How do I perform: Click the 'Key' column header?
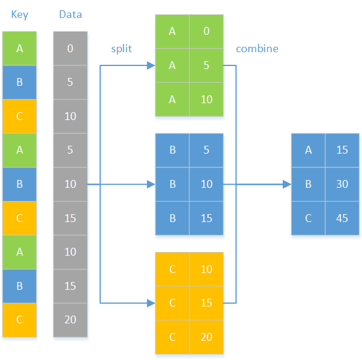pos(20,14)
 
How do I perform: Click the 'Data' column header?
pos(70,14)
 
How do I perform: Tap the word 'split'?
pos(121,49)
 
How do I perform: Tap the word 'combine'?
pos(257,49)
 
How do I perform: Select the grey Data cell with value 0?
pos(70,48)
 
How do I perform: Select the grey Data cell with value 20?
pos(70,320)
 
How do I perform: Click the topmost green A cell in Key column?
pos(20,48)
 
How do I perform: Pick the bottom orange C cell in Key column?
pos(20,320)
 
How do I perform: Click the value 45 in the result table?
pos(342,218)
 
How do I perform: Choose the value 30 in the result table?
pos(342,184)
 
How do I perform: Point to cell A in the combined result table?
pos(309,150)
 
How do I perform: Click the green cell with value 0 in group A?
pos(207,31)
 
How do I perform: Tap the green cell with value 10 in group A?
pos(207,99)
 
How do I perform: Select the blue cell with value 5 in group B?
pos(207,150)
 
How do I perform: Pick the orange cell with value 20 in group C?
pos(207,337)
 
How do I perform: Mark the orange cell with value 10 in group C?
pos(207,269)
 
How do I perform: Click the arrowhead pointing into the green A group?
pos(151,65)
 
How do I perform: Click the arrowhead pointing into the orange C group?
pos(151,303)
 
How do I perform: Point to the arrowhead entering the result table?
pos(286,184)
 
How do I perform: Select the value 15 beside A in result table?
pos(342,150)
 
